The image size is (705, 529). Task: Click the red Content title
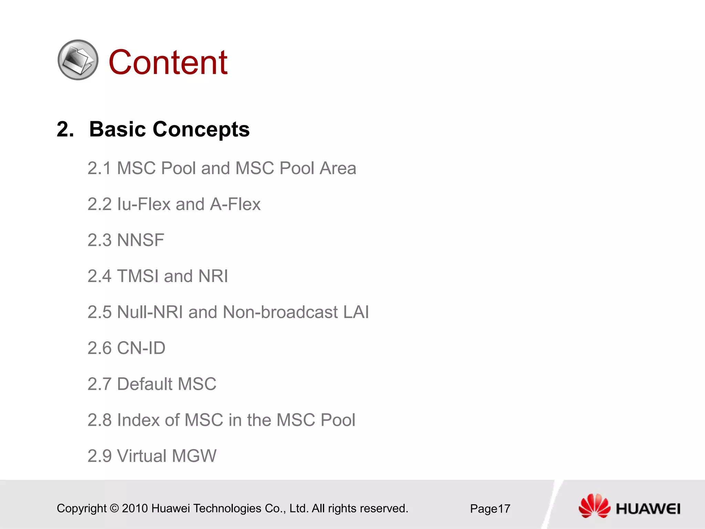168,62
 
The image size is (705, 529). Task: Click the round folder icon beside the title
78,60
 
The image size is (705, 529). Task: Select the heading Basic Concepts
169,129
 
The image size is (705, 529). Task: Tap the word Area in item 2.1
337,168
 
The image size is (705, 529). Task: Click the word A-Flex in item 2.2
235,204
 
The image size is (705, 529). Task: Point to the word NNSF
140,240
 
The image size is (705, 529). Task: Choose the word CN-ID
141,348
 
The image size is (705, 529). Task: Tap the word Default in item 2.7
145,384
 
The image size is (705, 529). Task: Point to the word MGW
194,456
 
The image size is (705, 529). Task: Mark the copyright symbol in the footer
114,508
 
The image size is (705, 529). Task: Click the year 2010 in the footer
135,508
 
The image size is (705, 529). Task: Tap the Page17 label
490,509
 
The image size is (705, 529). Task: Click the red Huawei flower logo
594,506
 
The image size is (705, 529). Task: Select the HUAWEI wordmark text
648,509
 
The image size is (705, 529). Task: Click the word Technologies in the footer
227,508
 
